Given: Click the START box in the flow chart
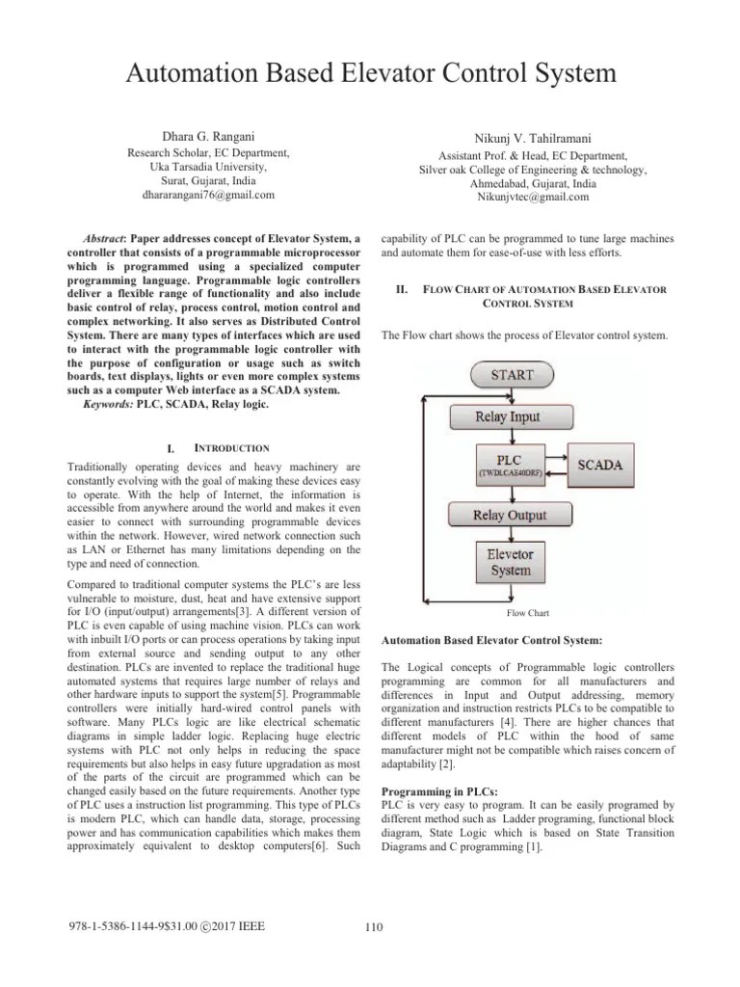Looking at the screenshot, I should point(508,373).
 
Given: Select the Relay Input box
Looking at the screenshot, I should point(508,416).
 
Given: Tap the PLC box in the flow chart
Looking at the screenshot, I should point(508,464).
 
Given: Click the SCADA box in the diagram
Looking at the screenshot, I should point(600,464).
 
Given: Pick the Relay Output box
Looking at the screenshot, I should point(508,515).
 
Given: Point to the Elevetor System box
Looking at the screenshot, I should point(508,562).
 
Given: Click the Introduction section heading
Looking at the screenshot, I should point(225,448).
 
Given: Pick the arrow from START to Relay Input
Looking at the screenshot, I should point(508,394).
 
